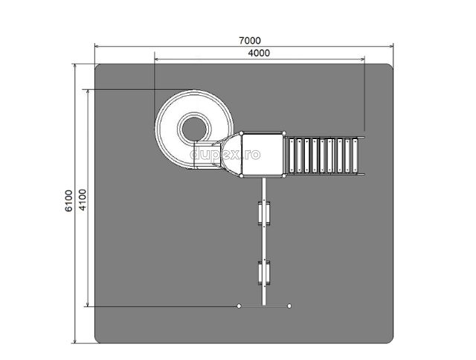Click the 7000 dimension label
250,40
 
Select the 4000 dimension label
259,53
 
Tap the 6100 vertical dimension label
69,201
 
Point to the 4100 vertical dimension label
83,200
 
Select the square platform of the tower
263,155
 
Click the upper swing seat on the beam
264,213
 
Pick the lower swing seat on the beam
264,272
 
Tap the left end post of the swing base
239,306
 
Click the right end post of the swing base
289,306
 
